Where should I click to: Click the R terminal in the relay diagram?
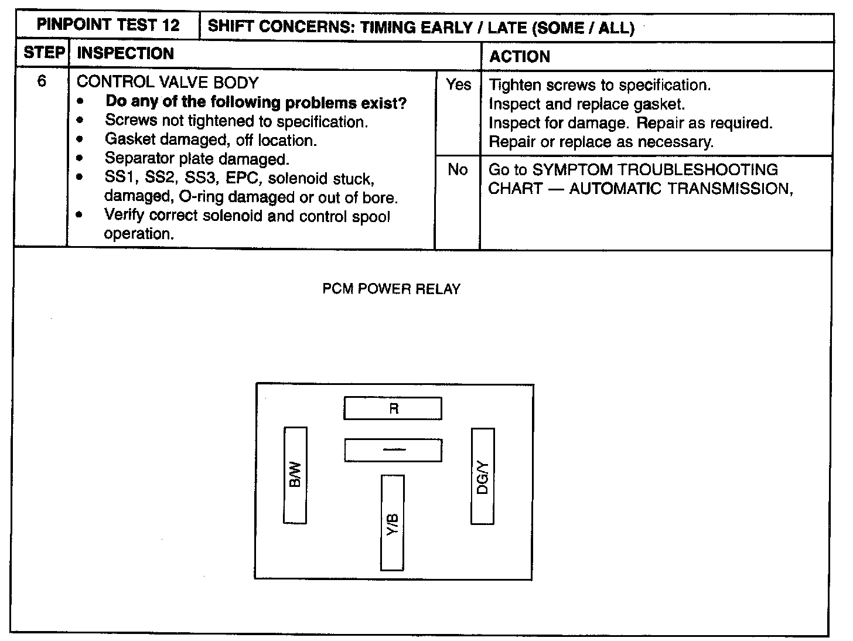393,408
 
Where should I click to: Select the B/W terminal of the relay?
295,475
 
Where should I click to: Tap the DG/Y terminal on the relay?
483,476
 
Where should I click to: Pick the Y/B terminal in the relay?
393,523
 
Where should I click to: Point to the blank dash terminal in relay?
393,451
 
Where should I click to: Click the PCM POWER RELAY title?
391,289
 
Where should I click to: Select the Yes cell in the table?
458,85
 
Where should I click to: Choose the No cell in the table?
458,170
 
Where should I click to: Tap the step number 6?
42,81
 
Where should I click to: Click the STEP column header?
43,53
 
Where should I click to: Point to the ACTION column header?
520,57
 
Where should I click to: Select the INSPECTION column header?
125,53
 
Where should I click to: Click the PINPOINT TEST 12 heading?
108,26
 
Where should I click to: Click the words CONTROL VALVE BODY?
168,82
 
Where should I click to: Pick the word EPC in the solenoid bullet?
241,178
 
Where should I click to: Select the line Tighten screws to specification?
599,85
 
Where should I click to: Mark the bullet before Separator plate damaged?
80,159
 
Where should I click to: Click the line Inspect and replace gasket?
586,104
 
